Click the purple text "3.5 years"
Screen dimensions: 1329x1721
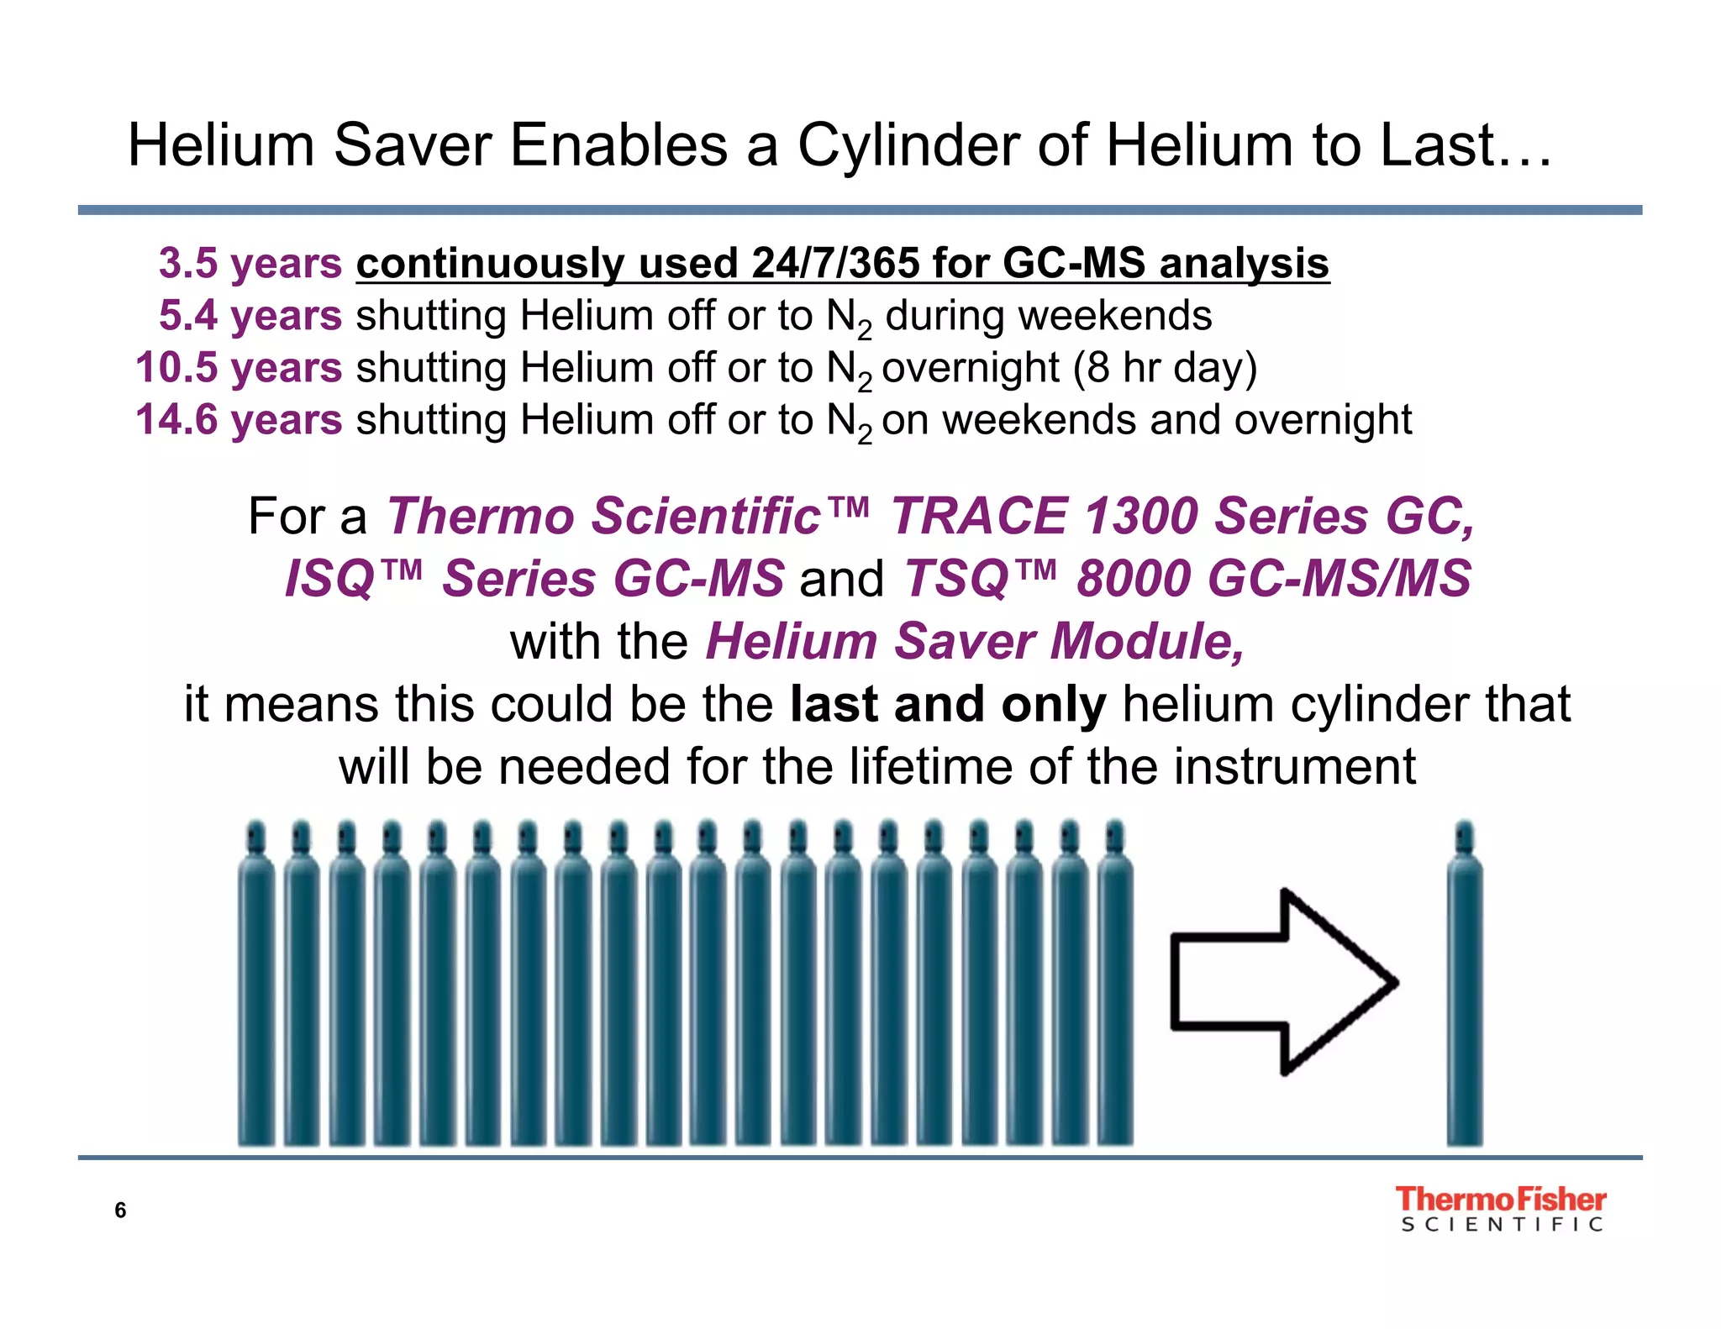tap(250, 263)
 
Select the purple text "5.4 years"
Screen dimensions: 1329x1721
tap(250, 316)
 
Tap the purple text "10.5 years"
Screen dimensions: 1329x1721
tap(239, 368)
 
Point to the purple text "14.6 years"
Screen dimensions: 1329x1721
tap(239, 420)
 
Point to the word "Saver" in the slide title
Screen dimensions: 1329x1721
tap(412, 145)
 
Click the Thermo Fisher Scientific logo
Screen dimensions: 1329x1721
tap(1501, 1209)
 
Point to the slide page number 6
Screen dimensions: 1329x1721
tap(120, 1211)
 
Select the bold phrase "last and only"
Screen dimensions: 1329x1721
tap(948, 704)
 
